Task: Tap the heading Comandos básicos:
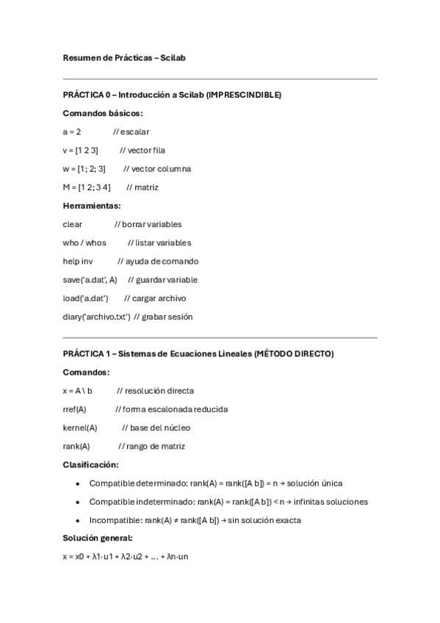[103, 113]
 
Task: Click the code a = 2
[72, 132]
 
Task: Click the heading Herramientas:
[92, 206]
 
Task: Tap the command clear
[73, 224]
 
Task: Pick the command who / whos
[84, 242]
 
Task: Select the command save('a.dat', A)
[90, 279]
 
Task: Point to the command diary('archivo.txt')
[96, 317]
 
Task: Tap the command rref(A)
[75, 408]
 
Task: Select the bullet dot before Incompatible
[78, 520]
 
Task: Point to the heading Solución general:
[97, 539]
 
